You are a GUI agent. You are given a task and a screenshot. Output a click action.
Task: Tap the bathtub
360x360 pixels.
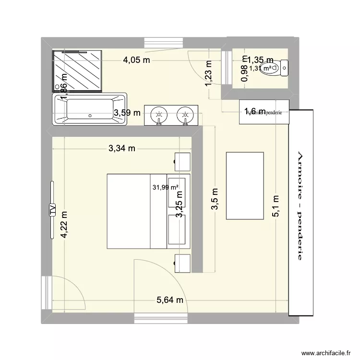90,109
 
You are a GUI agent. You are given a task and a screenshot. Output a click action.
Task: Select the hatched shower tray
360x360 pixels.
77,71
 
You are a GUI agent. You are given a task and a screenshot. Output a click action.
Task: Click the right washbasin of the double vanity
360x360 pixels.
184,115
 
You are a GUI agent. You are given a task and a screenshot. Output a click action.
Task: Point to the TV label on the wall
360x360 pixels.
51,210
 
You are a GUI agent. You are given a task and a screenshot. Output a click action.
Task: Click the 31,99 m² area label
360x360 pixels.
166,187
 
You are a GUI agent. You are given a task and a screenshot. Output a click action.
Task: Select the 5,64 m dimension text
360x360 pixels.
170,300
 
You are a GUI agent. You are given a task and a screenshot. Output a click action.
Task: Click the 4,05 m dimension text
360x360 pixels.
137,60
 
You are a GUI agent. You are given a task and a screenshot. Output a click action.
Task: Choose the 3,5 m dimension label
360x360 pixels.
216,198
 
